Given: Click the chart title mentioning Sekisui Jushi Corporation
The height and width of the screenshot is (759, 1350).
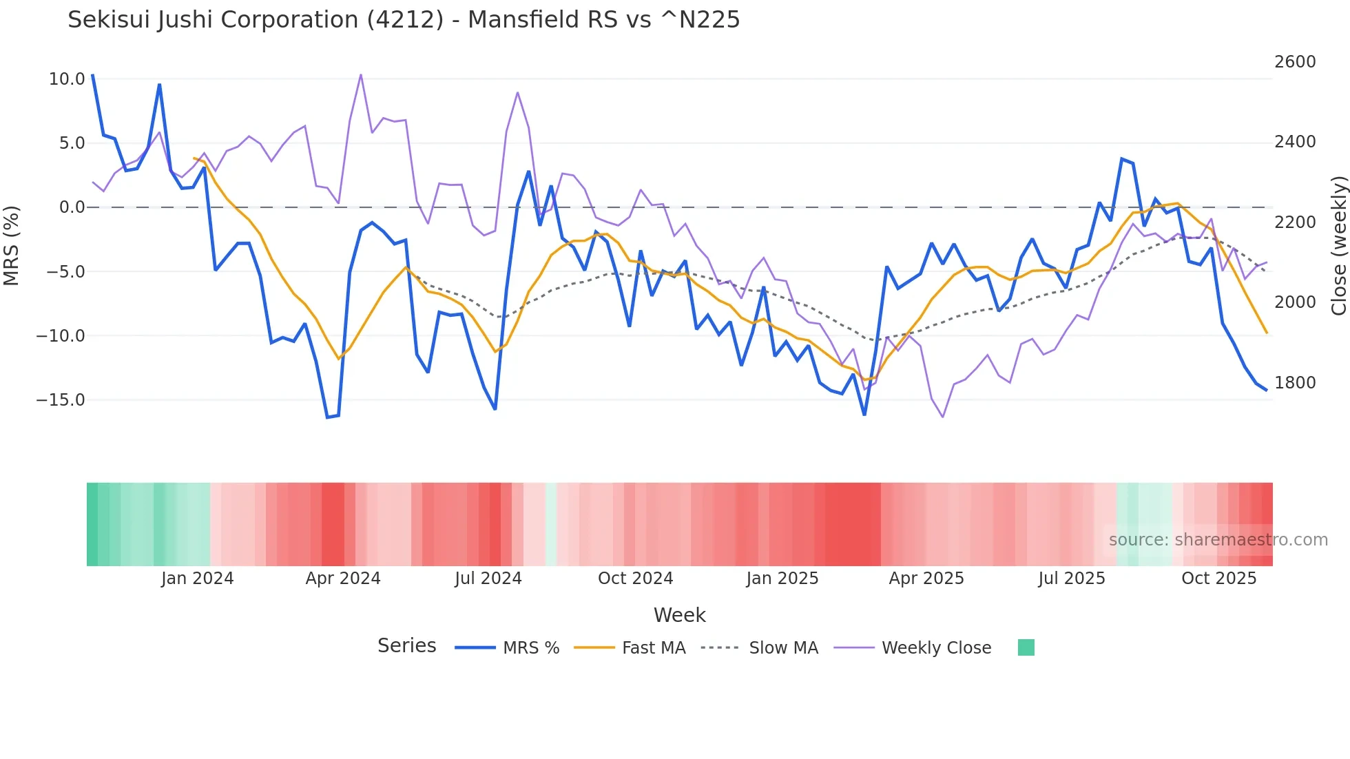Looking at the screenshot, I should tap(404, 20).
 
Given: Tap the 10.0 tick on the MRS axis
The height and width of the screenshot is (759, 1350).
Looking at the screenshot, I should tap(67, 79).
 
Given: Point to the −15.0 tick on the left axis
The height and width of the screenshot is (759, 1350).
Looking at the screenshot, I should tap(61, 400).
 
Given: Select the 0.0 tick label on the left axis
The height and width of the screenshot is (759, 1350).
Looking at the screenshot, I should tap(72, 207).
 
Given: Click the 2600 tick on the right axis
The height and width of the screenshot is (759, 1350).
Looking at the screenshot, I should tap(1295, 62).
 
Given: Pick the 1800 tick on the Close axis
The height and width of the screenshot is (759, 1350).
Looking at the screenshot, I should tap(1295, 383).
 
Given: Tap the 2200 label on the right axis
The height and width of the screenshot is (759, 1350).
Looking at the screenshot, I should tap(1295, 222).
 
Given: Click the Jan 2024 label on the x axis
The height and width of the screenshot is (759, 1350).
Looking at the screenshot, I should tap(198, 579).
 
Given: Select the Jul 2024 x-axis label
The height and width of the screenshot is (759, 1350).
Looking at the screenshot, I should tap(488, 579).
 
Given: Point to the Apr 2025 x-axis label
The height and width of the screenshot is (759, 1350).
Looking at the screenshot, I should tap(926, 579).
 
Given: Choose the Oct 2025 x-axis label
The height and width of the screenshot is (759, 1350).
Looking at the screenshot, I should tap(1219, 579).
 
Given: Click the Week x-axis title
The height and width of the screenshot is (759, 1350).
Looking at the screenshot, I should tap(679, 615).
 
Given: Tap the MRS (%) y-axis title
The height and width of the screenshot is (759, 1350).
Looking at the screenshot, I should tap(12, 246).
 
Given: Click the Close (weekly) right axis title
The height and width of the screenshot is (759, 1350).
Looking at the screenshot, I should tap(1338, 246).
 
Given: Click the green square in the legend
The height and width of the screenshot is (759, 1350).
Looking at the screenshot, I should tap(1026, 647).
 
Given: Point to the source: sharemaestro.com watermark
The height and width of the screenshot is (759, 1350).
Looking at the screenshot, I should tap(1218, 540).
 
